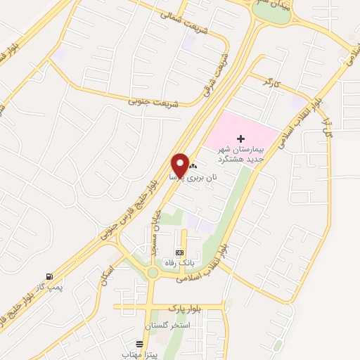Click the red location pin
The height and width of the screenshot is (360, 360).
coord(179,165)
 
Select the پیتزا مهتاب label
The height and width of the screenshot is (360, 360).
coord(141,355)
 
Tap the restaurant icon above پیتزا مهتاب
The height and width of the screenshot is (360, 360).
coord(141,345)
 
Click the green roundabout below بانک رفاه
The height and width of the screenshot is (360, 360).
coord(153,273)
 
